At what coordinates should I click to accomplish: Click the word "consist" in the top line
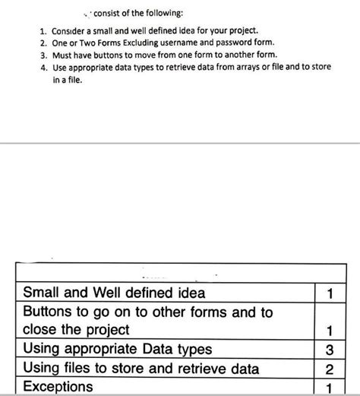click(x=106, y=13)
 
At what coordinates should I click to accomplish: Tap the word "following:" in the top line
click(x=161, y=13)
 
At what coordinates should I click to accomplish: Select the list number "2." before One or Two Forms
click(x=44, y=43)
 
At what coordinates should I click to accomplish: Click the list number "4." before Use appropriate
click(x=44, y=68)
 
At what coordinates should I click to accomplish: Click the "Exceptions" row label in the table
click(x=58, y=387)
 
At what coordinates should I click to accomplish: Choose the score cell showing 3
click(x=329, y=350)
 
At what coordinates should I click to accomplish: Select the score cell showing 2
click(x=329, y=369)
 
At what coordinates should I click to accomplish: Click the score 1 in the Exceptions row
click(x=329, y=388)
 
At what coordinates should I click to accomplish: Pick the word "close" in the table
click(x=42, y=330)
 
